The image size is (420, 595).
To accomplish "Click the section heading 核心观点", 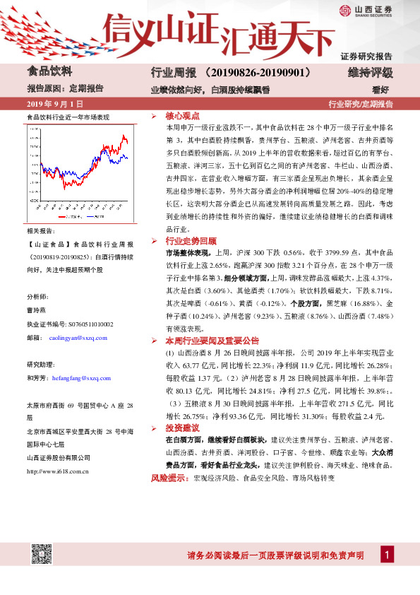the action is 182,115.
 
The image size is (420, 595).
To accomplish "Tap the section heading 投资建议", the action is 182,429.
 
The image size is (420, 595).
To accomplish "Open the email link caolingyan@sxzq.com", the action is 79,338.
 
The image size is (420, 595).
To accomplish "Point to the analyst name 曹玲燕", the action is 36,310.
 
